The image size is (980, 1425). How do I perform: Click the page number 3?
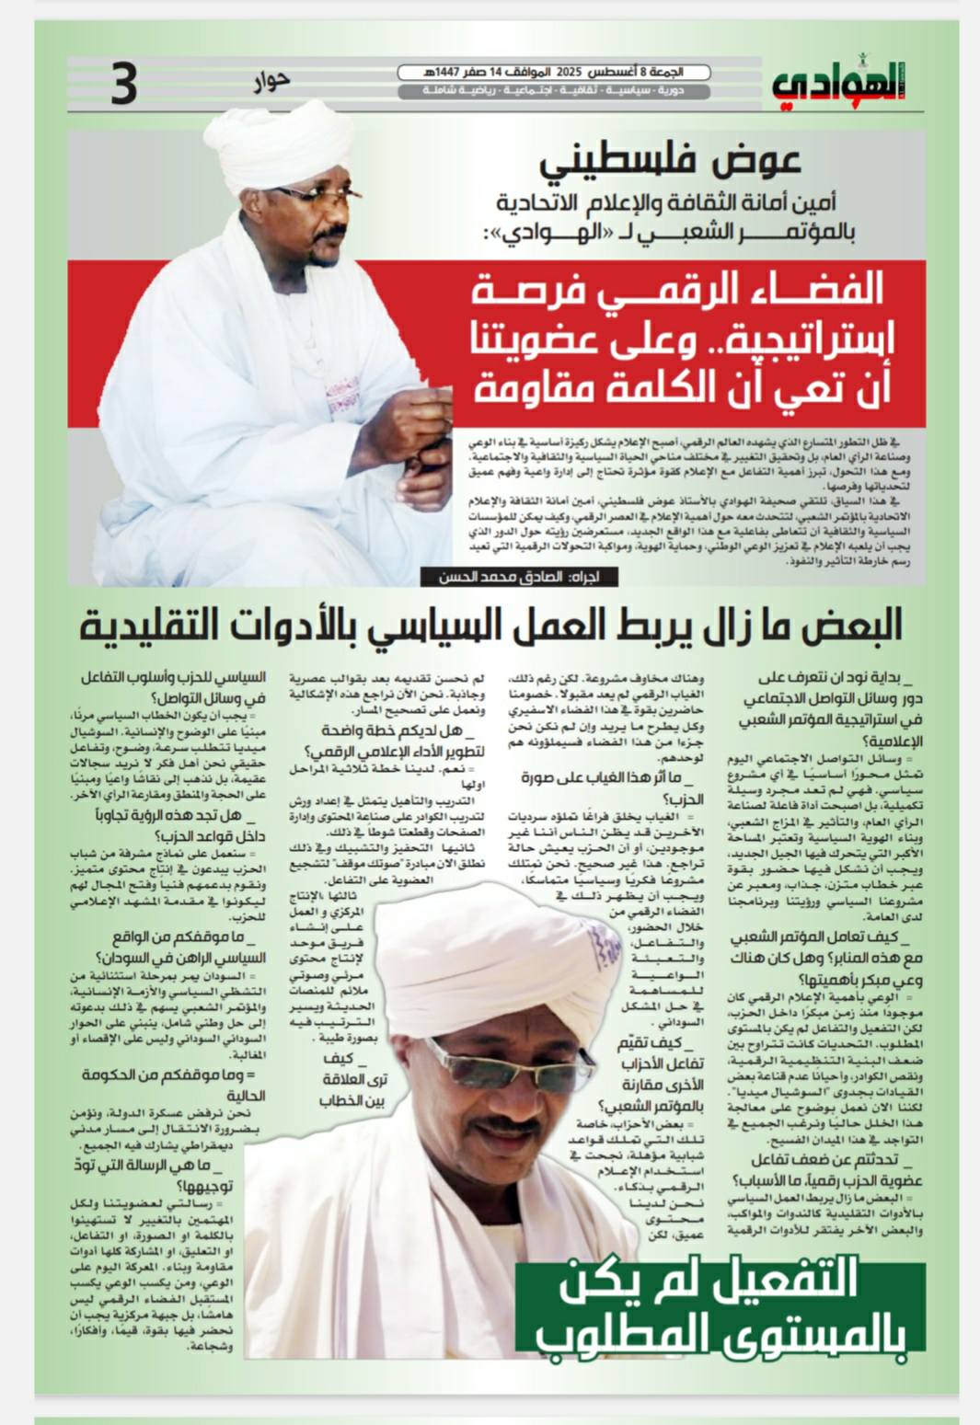point(123,84)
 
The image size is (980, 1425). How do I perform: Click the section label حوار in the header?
point(271,81)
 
